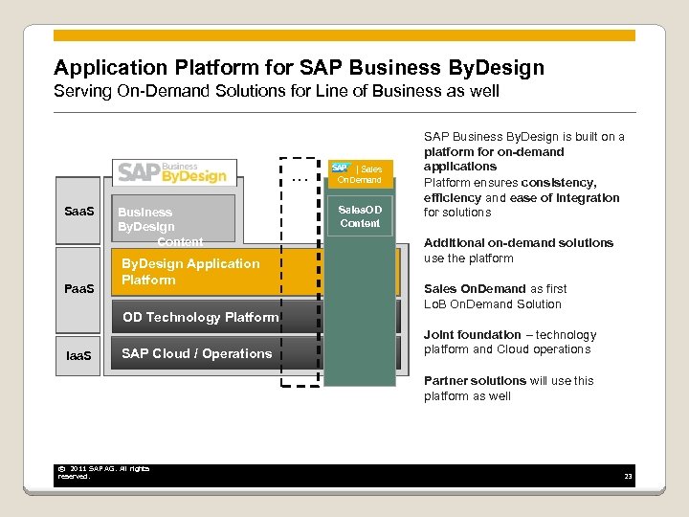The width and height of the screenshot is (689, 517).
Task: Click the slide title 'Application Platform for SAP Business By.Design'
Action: click(299, 68)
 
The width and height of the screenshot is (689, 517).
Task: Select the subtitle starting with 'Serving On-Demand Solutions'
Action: click(277, 93)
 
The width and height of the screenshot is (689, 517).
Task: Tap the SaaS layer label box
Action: click(79, 211)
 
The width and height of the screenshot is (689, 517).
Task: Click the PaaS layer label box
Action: click(79, 286)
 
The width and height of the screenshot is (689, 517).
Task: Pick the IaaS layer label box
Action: click(79, 355)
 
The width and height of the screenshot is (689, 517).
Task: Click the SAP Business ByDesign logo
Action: click(173, 172)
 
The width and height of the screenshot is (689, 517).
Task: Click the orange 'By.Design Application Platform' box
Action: click(191, 272)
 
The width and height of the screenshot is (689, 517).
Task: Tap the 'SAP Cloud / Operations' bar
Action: click(196, 354)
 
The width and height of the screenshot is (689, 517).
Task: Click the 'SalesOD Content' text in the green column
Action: click(359, 216)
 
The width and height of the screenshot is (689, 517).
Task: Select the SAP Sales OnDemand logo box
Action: click(358, 173)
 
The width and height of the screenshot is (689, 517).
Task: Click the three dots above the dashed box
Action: click(299, 179)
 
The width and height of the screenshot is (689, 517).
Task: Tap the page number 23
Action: click(628, 477)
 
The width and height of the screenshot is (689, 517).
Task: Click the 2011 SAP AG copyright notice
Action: click(103, 472)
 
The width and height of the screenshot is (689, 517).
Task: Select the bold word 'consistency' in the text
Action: click(561, 182)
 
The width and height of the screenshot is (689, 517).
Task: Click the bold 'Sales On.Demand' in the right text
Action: click(475, 289)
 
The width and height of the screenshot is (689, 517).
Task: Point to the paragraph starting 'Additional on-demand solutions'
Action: click(518, 251)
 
